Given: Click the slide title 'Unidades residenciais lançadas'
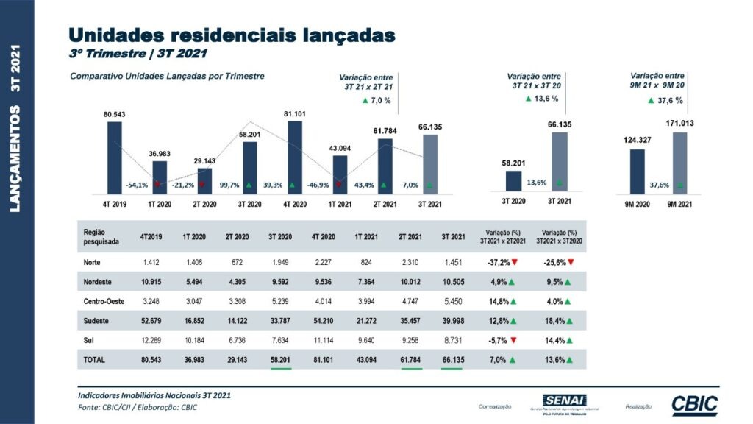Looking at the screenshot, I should click(232, 35).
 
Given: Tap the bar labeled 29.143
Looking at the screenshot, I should click(205, 180).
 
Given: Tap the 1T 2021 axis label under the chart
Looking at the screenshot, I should click(339, 203).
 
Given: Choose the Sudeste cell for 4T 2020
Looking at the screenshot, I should click(324, 320).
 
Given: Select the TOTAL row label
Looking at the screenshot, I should click(95, 360).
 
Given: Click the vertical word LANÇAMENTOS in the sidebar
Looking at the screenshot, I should click(16, 161).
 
